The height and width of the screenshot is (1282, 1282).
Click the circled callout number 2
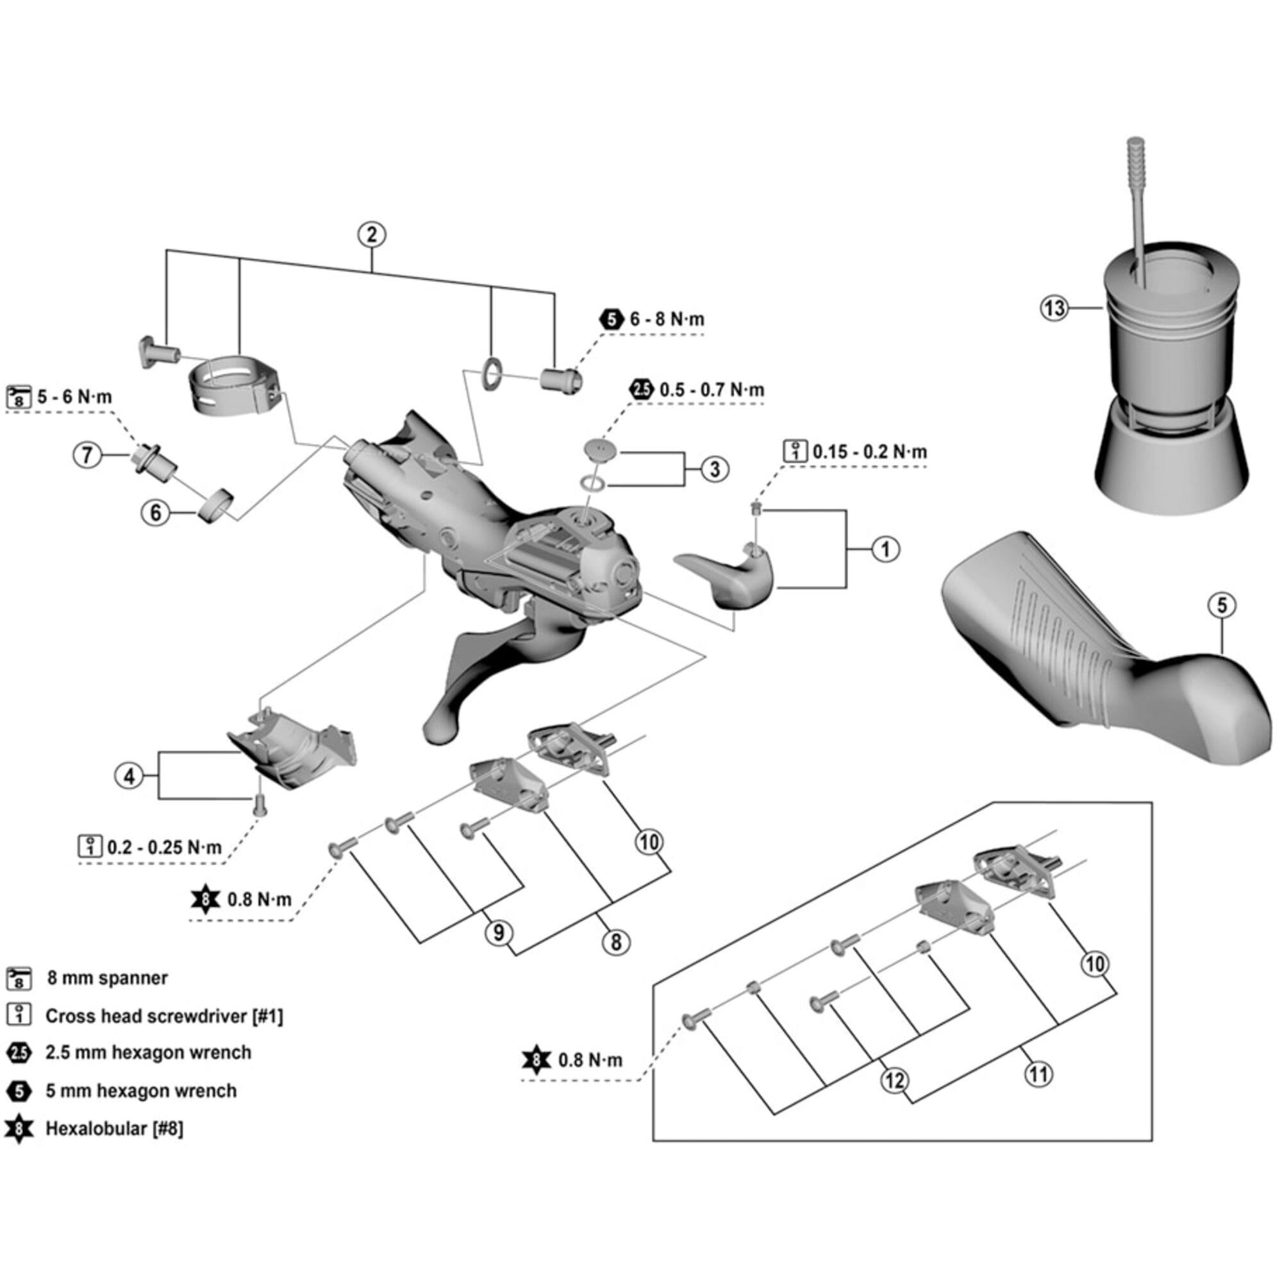[371, 234]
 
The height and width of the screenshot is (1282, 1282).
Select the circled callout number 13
[1054, 308]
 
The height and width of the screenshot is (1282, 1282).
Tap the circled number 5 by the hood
[1222, 605]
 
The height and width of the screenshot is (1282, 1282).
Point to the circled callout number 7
[87, 456]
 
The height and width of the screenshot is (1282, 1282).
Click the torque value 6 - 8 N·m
[666, 319]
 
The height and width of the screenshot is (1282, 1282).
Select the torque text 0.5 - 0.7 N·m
[712, 390]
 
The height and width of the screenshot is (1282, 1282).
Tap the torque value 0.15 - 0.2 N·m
[869, 452]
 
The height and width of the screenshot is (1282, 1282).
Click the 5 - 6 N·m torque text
[74, 397]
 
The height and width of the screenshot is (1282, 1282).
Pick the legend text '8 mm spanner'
[107, 978]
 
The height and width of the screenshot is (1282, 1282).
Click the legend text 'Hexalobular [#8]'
[114, 1129]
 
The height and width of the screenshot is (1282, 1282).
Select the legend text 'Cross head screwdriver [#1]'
[163, 1016]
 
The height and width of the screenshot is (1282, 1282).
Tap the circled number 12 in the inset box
[894, 1080]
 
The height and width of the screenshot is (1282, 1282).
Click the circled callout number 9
[498, 933]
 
